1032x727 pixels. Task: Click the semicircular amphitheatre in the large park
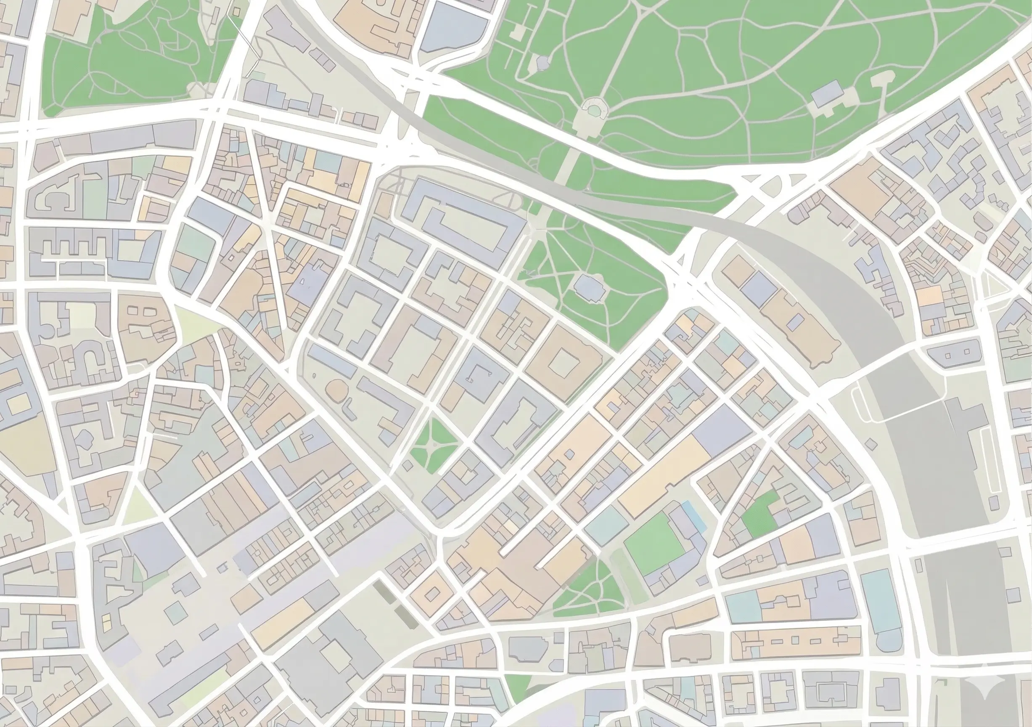tap(594, 109)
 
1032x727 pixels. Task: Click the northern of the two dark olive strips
tap(385, 592)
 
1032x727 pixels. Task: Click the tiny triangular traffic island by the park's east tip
tap(680, 260)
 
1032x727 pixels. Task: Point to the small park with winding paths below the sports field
tap(584, 589)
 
